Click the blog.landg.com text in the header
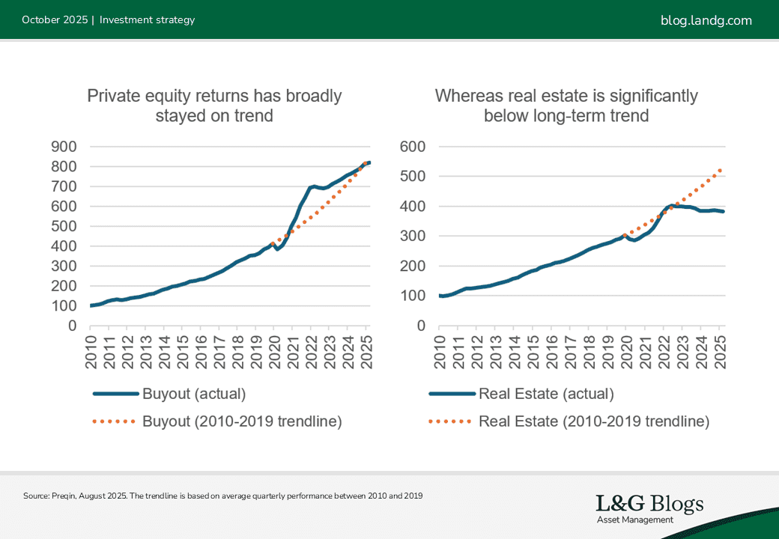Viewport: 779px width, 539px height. (x=706, y=20)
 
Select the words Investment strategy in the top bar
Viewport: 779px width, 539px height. (x=147, y=20)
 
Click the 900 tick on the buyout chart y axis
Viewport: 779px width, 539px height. (x=63, y=147)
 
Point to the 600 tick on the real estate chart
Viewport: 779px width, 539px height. (x=413, y=147)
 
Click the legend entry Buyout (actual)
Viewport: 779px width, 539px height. (x=193, y=394)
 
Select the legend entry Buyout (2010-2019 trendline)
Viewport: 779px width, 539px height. (x=241, y=421)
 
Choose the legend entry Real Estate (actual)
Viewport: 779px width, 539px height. (x=546, y=394)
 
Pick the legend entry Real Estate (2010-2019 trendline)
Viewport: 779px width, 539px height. (x=593, y=421)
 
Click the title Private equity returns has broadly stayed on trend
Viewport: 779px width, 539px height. (x=214, y=106)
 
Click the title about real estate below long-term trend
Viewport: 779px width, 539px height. (x=566, y=106)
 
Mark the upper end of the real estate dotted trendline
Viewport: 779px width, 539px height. (x=721, y=170)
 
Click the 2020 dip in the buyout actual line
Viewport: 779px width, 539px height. (x=277, y=249)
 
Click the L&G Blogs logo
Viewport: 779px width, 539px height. (x=649, y=504)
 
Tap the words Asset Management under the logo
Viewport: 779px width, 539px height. (x=634, y=520)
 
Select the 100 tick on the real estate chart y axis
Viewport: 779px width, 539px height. (x=413, y=296)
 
